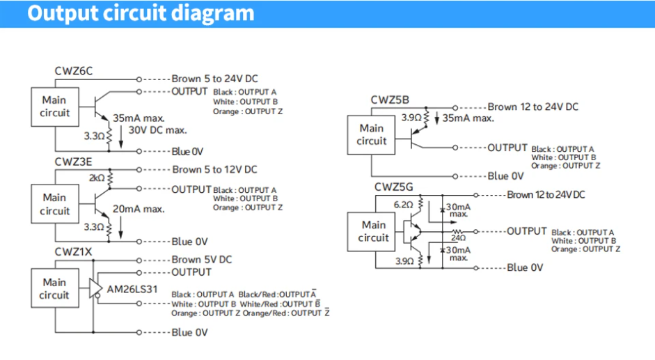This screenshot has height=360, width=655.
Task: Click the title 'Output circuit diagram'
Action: coord(141,13)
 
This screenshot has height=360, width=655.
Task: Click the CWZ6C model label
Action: coord(74,71)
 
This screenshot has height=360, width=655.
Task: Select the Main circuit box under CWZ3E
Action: coord(55,204)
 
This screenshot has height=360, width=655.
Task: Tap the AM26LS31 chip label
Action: coord(132,289)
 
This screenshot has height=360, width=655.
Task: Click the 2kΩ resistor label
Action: coord(97,178)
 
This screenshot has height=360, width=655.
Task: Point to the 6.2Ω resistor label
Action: coord(403,205)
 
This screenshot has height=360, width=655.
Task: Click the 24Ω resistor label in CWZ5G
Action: coord(458,238)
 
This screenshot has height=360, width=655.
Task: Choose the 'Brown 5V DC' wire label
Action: coord(201,260)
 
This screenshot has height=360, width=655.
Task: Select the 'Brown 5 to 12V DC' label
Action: coord(214,170)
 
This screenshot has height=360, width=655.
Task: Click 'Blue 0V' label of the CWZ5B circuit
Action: coord(505,176)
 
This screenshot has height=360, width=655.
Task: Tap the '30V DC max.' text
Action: coord(157,130)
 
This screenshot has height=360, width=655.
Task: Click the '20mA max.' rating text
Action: coord(139,209)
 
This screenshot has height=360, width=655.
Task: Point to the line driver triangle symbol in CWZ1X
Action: coord(95,288)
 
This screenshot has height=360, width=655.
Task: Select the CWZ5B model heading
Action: coord(390,100)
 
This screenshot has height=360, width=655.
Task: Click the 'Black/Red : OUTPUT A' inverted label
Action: coord(277,295)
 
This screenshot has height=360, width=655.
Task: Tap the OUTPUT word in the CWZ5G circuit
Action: coord(527,231)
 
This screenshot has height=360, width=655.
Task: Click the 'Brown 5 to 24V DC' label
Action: coord(214,79)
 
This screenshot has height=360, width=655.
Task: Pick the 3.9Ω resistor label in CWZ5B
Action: coord(411,118)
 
